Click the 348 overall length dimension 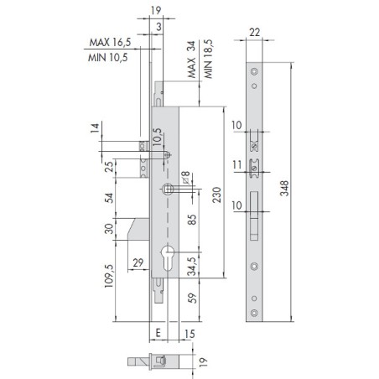284,188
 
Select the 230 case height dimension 216,195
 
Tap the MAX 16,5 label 110,42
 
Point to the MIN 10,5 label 108,58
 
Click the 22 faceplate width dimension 254,33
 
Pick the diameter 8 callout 186,178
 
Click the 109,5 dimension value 109,276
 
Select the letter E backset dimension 158,333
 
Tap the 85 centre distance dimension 192,220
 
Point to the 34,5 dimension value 192,266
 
